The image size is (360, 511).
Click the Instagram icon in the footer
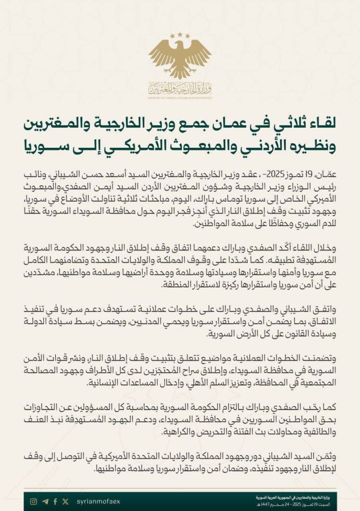click(x=33, y=502)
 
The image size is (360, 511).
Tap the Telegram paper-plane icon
click(x=45, y=502)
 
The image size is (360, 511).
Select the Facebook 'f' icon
click(x=55, y=502)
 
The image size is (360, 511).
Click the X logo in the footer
click(x=65, y=502)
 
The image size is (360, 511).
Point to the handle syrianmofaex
click(x=98, y=502)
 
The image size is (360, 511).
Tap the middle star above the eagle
click(x=180, y=35)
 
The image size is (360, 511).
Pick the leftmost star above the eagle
click(x=172, y=36)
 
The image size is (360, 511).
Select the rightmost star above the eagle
click(x=187, y=36)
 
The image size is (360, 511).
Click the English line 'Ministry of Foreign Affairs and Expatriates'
click(x=180, y=97)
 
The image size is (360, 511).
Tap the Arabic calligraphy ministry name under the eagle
click(x=180, y=88)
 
